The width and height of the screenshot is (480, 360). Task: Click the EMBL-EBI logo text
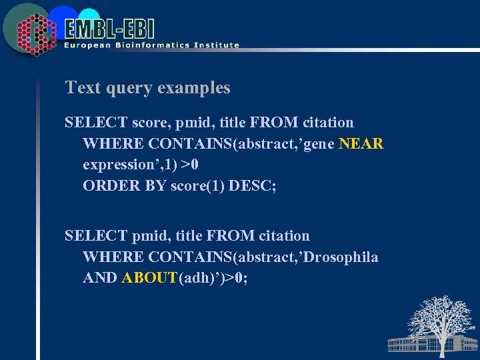tap(110, 28)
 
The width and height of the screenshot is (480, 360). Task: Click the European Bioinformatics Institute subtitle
tap(151, 45)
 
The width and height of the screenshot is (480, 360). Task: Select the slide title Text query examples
tap(147, 88)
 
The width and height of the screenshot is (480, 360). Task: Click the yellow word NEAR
tap(361, 143)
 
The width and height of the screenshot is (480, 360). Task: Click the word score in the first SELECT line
tap(151, 123)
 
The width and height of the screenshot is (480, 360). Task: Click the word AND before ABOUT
tap(100, 278)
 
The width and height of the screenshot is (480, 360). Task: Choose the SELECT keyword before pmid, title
tap(96, 236)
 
